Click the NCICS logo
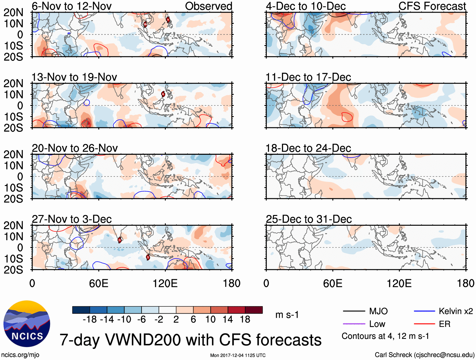27,324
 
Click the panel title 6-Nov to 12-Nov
72,6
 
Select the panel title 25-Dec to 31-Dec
309,219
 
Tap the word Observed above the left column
208,6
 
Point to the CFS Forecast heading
432,6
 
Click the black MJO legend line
354,311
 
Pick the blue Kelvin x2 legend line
424,311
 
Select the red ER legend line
424,324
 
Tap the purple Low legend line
354,324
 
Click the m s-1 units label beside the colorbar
287,315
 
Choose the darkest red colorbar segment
254,310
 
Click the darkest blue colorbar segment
81,310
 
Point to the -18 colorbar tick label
90,320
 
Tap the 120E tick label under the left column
165,283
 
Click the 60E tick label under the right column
333,283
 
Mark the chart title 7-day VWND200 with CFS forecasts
190,340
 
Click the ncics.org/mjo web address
20,355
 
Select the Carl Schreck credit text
424,355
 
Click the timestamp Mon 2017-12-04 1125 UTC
238,355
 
